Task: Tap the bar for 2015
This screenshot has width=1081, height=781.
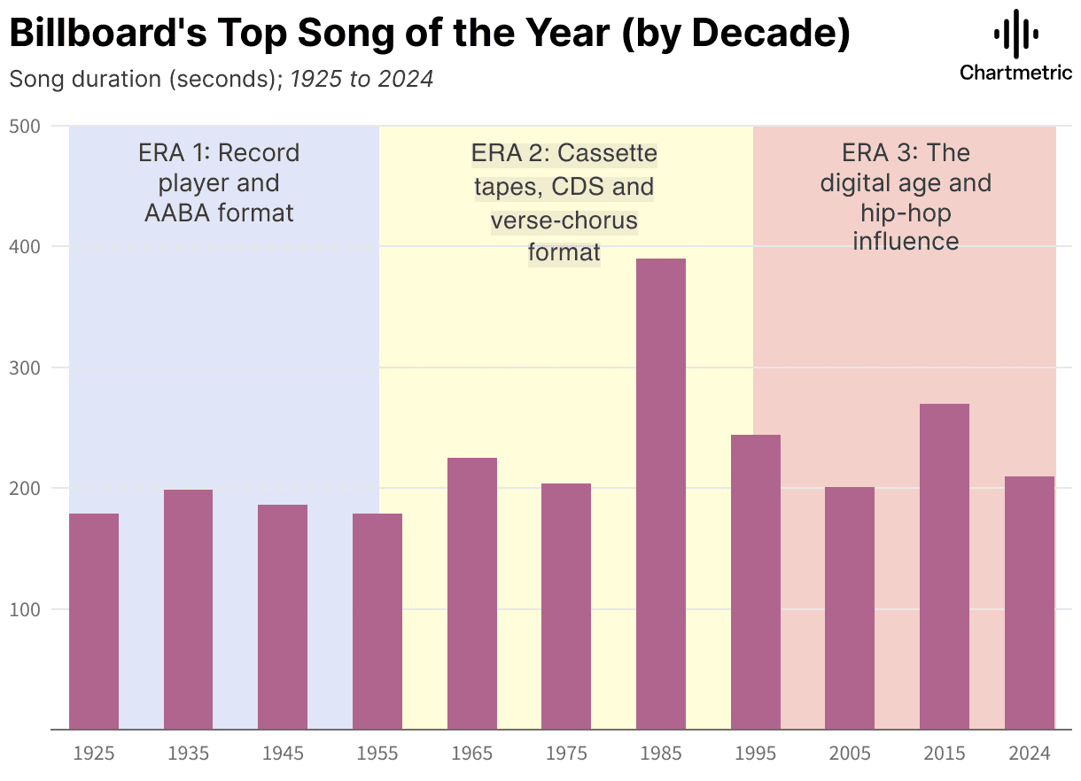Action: pos(945,567)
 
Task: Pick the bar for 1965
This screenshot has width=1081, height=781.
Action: pos(472,593)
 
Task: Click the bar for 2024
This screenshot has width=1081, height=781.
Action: pos(1030,603)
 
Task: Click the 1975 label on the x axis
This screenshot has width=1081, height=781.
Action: pos(566,754)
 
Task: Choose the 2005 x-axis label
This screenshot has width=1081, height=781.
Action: pos(850,754)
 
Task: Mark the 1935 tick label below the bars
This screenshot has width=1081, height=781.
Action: pos(188,754)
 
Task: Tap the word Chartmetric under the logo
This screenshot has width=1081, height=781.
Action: pos(1015,73)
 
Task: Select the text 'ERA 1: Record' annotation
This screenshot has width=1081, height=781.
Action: pos(219,153)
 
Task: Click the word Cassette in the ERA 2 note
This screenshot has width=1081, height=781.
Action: pos(608,153)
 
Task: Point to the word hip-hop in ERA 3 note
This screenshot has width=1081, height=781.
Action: pos(906,213)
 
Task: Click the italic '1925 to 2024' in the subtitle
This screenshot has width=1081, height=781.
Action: pos(362,79)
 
